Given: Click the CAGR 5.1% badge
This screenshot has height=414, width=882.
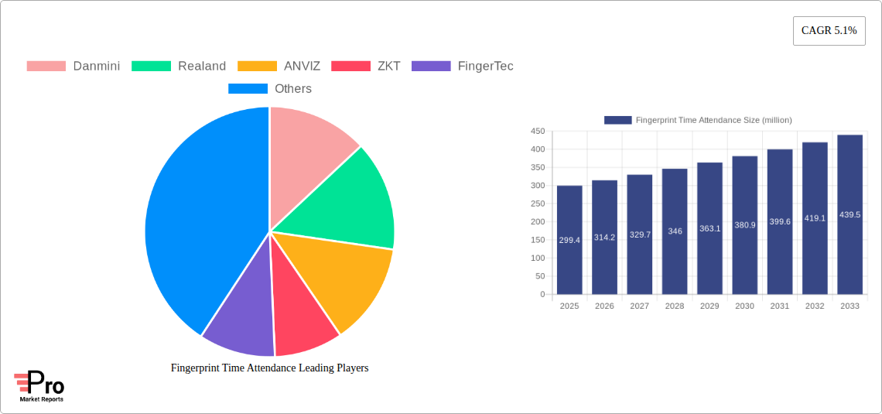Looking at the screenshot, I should pos(829,31).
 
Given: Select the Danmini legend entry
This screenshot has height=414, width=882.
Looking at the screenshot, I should pos(73,66).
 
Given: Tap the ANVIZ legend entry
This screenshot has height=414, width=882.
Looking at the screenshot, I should pos(279,66).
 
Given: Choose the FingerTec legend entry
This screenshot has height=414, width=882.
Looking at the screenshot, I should pos(463,66).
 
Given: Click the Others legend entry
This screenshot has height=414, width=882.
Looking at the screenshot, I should pos(270,88).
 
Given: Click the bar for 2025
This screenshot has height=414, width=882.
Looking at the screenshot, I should pos(569,240).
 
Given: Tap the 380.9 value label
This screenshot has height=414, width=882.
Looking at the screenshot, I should pos(744,224).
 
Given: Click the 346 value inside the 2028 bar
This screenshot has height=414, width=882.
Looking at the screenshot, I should pos(675,231).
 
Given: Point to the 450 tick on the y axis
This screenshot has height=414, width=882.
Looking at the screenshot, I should pos(537,132).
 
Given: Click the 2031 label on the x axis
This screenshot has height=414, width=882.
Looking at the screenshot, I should pos(780,306).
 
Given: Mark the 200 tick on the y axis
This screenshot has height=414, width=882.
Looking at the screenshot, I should pos(537,222).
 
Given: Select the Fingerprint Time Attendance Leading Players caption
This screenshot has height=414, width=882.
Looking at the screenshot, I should pos(269,368).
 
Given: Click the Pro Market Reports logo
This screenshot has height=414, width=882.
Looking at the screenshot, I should pos(39,386).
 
